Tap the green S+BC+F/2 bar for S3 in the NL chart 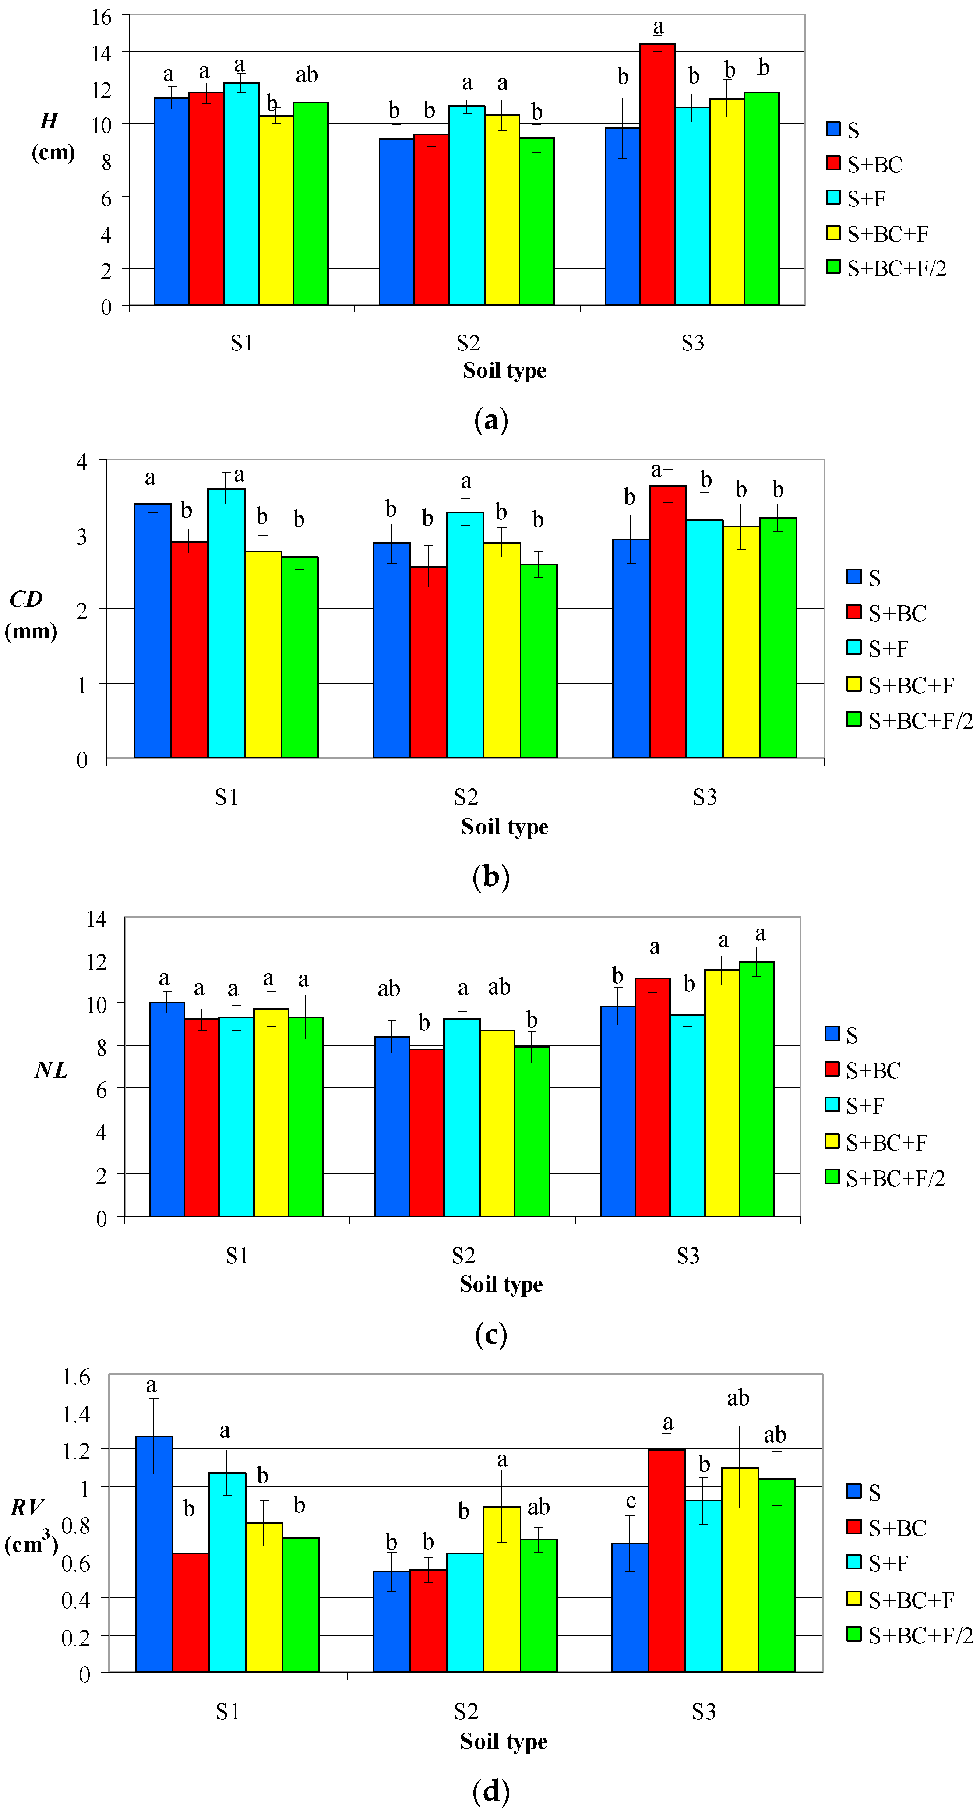pyautogui.click(x=757, y=1088)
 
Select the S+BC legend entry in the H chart pyautogui.click(x=874, y=164)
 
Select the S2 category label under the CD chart pyautogui.click(x=466, y=797)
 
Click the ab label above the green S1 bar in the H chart pyautogui.click(x=306, y=75)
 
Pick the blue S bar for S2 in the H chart pyautogui.click(x=396, y=222)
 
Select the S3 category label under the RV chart pyautogui.click(x=703, y=1712)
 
